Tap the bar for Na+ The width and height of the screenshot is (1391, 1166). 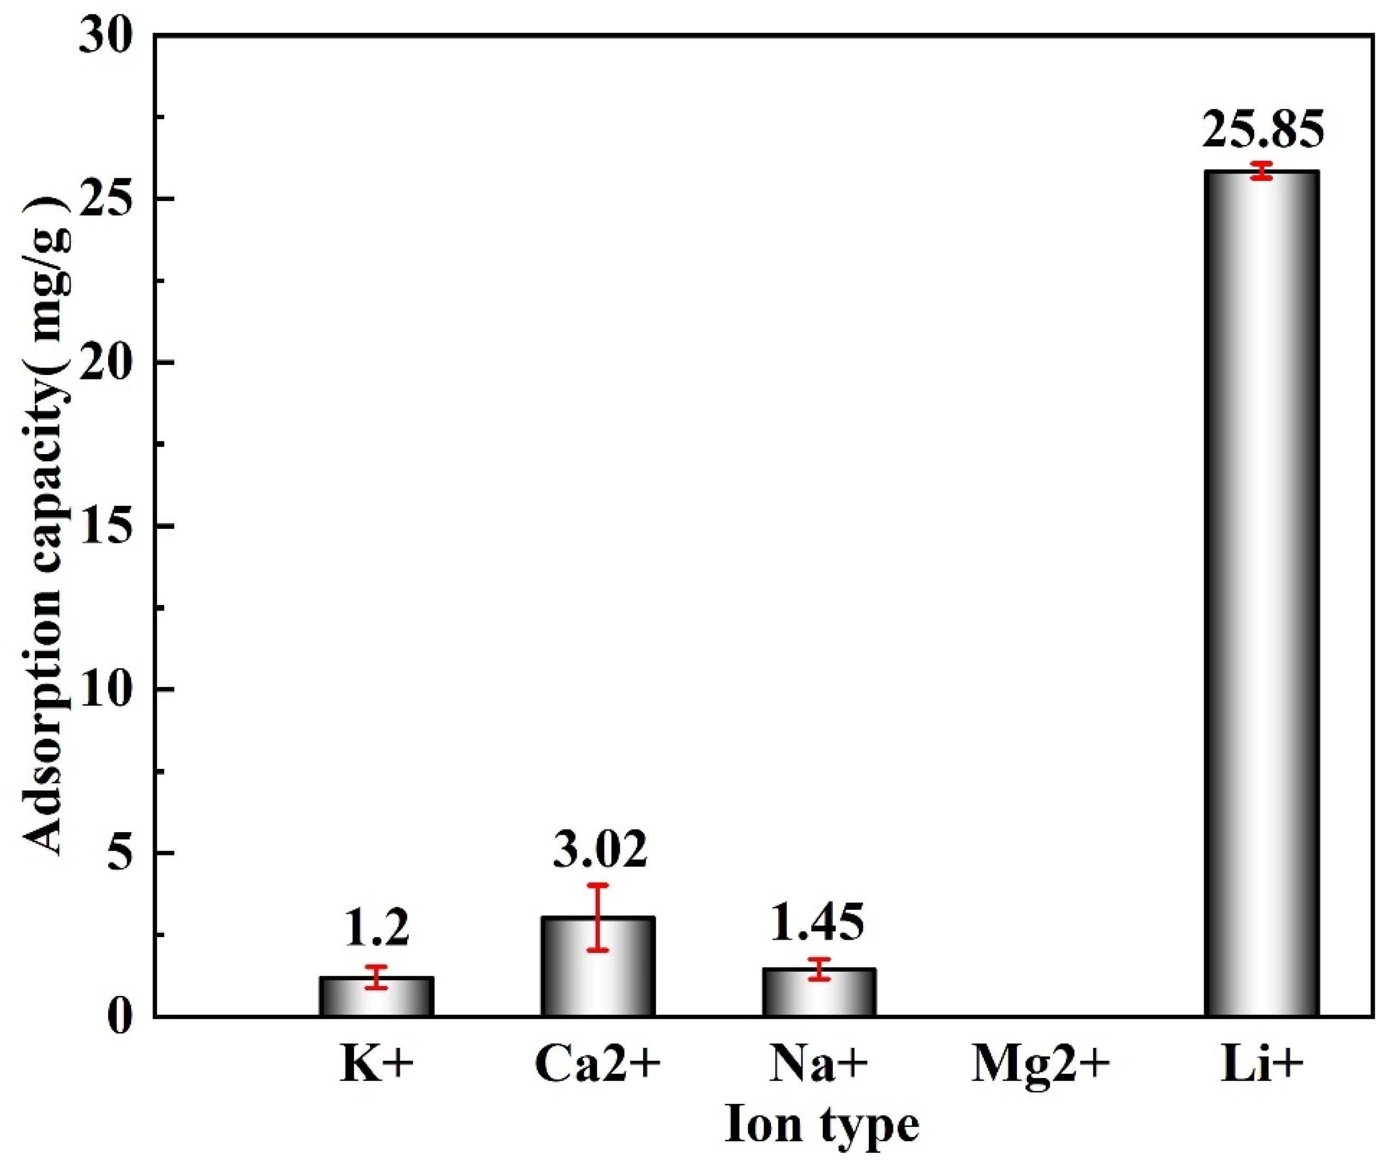coord(819,992)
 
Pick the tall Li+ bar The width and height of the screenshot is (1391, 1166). coord(1261,596)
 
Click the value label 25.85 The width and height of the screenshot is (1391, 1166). coord(1262,130)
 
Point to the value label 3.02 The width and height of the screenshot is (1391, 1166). coord(599,850)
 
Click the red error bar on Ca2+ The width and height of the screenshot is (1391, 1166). coord(598,918)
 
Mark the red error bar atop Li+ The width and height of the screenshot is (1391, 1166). coord(1262,171)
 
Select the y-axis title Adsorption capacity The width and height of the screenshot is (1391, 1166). coord(46,526)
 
